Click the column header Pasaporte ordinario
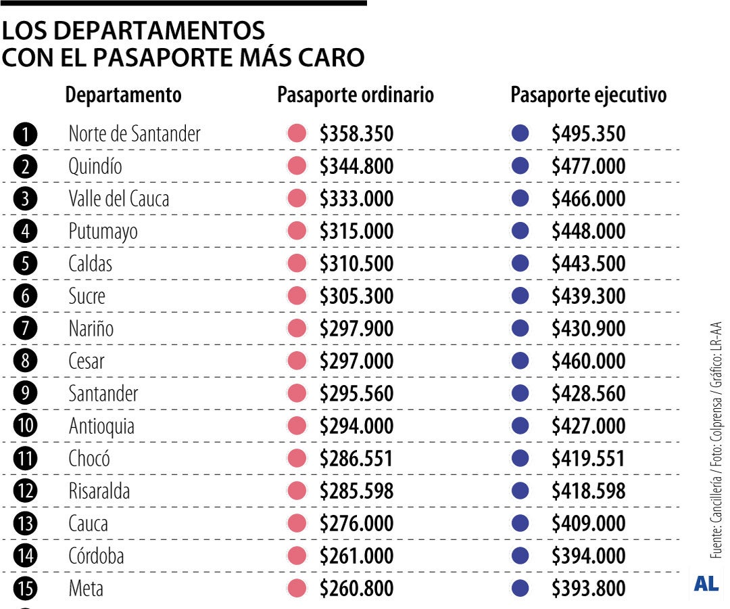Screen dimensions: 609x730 pos(356,95)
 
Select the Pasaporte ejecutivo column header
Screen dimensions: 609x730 pos(588,95)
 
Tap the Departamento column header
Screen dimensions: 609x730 pos(123,95)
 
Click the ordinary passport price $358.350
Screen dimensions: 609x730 pos(356,134)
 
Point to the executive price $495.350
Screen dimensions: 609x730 pos(588,134)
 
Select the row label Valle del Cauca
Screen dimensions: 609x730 pos(119,199)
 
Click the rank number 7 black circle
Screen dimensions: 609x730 pos(25,329)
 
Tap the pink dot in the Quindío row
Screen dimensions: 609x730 pos(297,166)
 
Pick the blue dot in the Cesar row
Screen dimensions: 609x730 pos(520,361)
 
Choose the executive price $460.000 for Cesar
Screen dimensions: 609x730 pos(588,361)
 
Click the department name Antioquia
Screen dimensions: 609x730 pos(101,426)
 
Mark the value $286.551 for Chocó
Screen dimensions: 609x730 pos(356,459)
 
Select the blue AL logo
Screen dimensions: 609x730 pos(706,585)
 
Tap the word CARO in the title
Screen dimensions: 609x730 pos(331,58)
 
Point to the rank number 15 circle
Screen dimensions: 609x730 pos(25,589)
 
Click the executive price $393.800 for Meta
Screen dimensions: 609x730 pos(588,589)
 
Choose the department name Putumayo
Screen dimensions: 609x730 pos(103,231)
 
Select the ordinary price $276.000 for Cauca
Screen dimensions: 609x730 pos(356,524)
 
